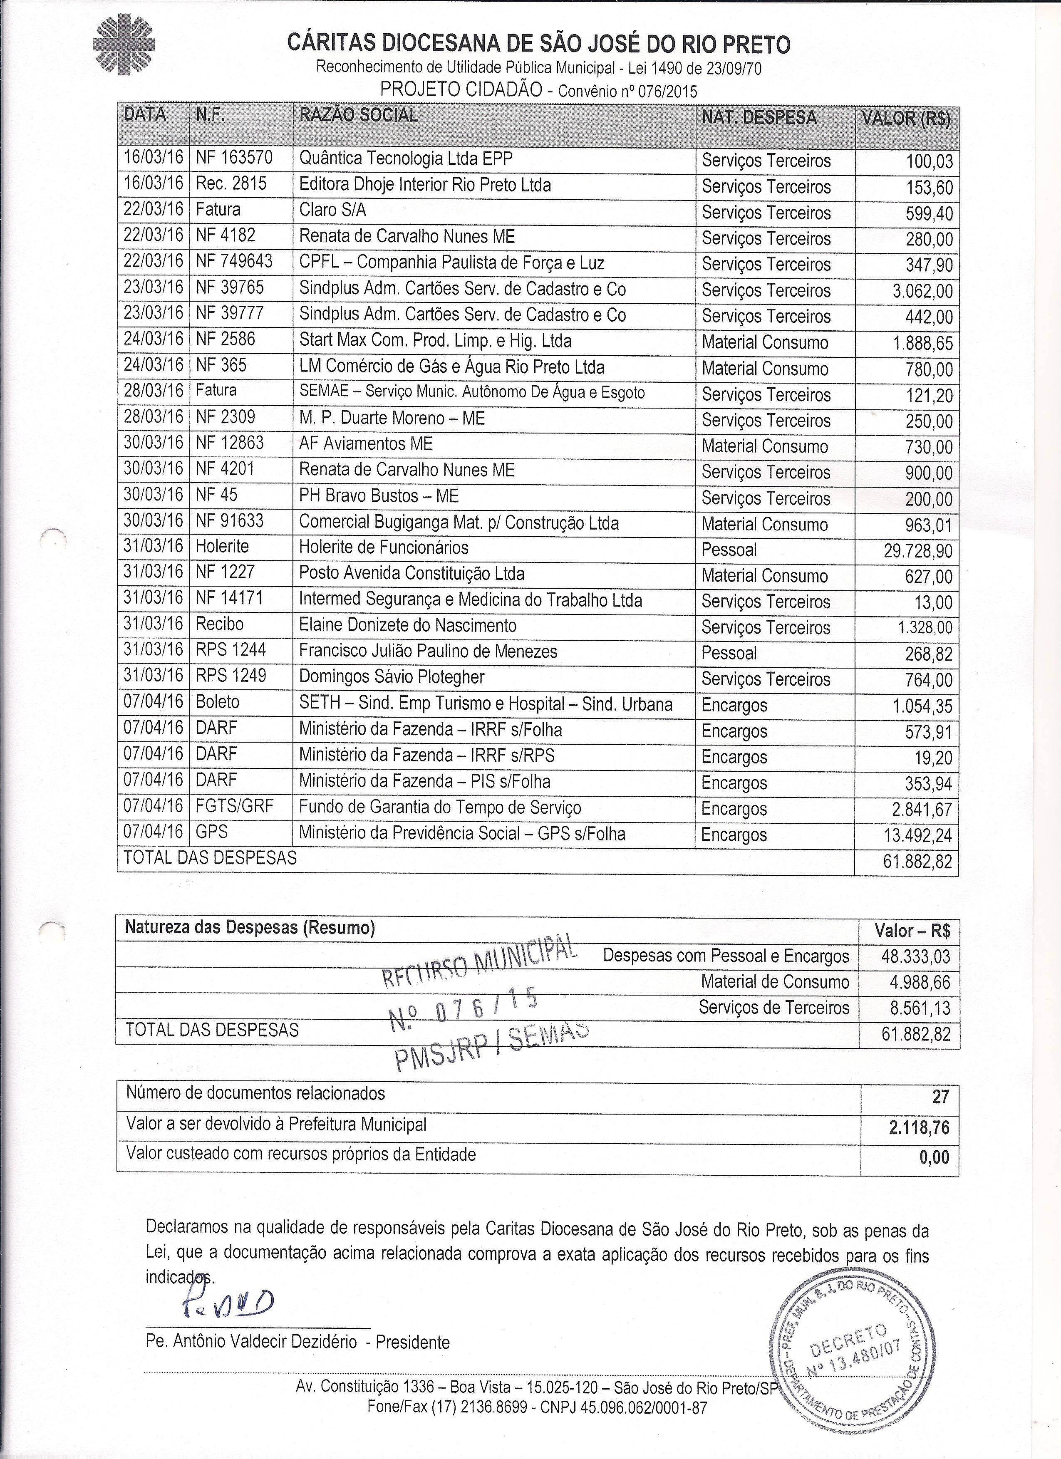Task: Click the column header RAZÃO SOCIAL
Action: [358, 116]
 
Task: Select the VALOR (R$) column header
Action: [906, 119]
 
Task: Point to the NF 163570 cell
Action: [234, 158]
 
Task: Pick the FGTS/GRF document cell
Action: [235, 807]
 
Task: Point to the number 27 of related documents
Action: [940, 1096]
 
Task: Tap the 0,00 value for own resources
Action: [934, 1158]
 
